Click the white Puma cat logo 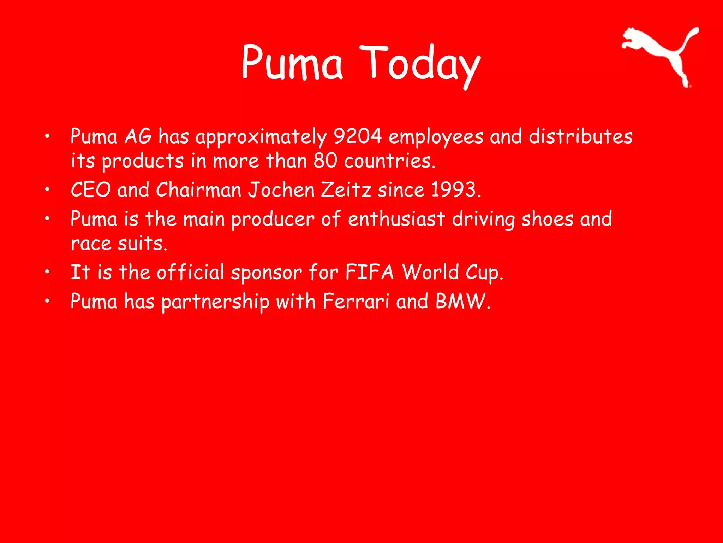coord(657,53)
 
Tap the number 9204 coord(357,136)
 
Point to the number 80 coord(325,161)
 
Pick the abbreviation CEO coord(91,190)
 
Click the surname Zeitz coord(346,190)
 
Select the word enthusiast coord(396,219)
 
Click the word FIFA coord(369,272)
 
